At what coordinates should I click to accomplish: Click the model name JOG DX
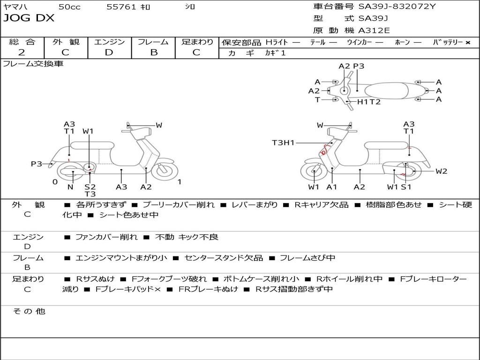point(29,18)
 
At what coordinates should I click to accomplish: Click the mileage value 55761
point(121,7)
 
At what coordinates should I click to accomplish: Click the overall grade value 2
point(22,52)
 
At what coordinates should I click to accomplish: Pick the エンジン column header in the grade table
point(109,42)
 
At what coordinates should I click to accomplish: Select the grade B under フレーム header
point(153,52)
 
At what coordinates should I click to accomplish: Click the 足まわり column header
point(197,42)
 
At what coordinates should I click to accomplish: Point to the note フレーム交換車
point(33,64)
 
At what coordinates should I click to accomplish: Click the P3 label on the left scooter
point(37,164)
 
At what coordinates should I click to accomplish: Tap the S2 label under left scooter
point(90,187)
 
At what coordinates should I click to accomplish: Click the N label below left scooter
point(70,187)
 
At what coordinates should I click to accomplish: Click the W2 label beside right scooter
point(441,171)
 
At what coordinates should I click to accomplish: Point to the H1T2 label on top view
point(369,102)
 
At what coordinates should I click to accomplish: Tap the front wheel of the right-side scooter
point(313,172)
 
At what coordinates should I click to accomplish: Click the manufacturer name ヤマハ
point(14,7)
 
